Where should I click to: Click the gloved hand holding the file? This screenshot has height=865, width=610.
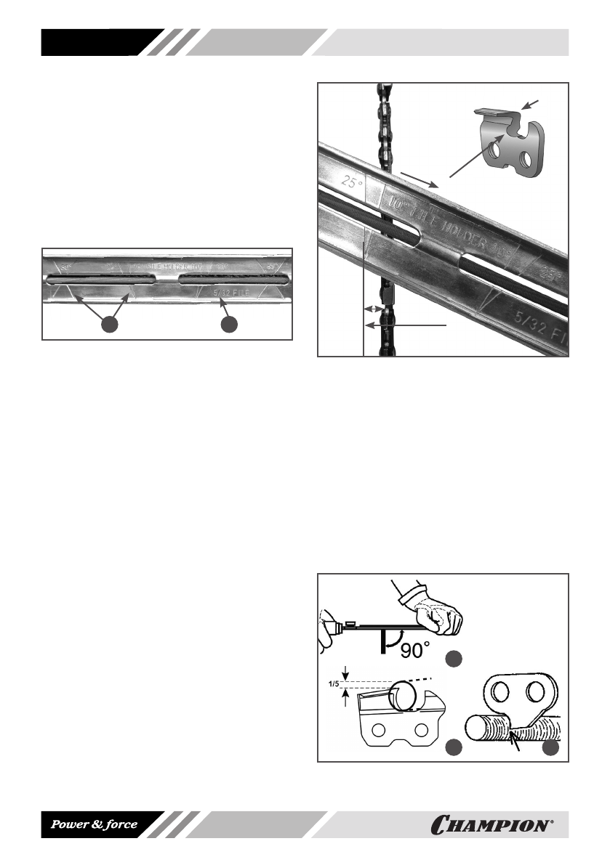point(439,612)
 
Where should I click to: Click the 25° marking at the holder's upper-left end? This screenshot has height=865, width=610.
point(353,184)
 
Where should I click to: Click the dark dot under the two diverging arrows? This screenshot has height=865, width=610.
point(109,325)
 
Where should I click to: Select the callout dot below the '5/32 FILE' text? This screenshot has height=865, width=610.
point(229,325)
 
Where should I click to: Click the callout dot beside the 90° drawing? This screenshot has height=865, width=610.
point(454,659)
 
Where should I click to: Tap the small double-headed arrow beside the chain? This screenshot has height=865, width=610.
point(372,309)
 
